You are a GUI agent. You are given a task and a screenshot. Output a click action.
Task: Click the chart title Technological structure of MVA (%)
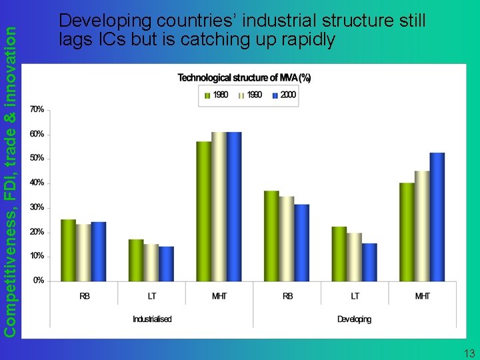(244, 78)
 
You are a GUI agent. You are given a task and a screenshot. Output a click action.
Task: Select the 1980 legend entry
(216, 95)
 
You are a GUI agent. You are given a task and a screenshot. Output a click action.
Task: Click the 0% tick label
(39, 281)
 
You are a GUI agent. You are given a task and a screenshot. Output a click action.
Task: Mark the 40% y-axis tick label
(37, 183)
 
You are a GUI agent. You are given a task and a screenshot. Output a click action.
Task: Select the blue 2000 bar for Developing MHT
(437, 217)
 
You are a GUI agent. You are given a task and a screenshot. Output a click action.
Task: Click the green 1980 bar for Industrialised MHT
(203, 211)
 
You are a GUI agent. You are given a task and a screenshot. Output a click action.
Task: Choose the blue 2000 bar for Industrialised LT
(166, 263)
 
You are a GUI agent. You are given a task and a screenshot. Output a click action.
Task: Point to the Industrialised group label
(152, 319)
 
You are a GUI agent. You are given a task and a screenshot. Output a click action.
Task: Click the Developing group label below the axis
(354, 319)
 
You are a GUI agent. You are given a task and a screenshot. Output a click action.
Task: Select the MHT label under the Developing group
(422, 296)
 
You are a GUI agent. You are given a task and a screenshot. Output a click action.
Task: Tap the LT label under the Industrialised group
(152, 296)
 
